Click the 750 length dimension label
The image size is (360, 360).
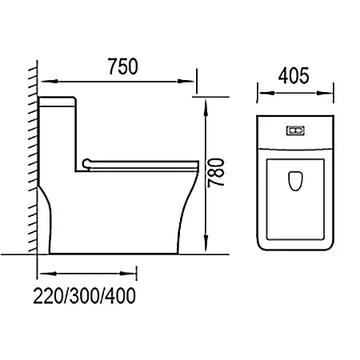pos(123,66)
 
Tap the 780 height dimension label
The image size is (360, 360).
pos(216,173)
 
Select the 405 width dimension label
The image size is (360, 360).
pos(294,75)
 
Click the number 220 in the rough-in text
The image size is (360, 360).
pos(48,296)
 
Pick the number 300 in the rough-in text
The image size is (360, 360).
pos(85,296)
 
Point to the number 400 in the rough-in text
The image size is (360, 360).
pos(121,296)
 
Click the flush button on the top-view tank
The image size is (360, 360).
pos(295,130)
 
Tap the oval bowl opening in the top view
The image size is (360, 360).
pos(295,181)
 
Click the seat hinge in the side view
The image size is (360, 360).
pos(87,163)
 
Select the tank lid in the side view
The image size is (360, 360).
pos(57,102)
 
